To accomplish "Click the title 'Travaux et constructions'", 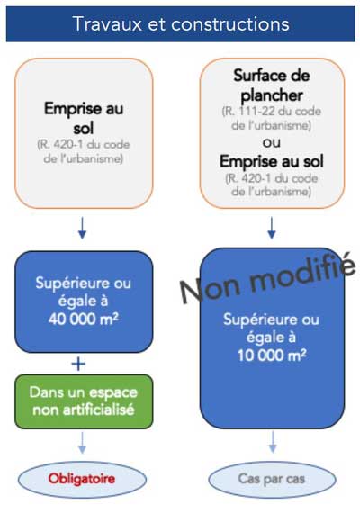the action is pos(181,24).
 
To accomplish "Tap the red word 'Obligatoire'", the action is pos(82,479).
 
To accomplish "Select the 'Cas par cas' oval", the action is pos(272,479).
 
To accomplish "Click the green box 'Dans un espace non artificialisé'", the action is pos(84,401).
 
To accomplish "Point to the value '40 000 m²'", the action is pos(84,319).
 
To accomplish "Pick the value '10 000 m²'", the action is pos(272,356).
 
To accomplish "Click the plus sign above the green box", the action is pos(78,364).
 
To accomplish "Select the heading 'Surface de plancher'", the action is pos(272,85).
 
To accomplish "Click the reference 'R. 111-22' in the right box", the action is pos(248,112).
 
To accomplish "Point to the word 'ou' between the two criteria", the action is pos(272,142).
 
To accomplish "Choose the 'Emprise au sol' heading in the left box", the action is pos(84,118).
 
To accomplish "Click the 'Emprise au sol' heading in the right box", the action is pos(272,161).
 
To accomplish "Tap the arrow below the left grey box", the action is pos(82,228).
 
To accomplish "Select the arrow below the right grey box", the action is pos(272,228).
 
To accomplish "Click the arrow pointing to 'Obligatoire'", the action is pos(82,443).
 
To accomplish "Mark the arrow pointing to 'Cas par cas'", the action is pos(273,442).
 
